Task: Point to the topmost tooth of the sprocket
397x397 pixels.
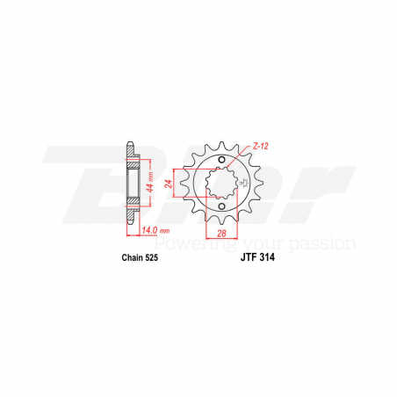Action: click(223, 140)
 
